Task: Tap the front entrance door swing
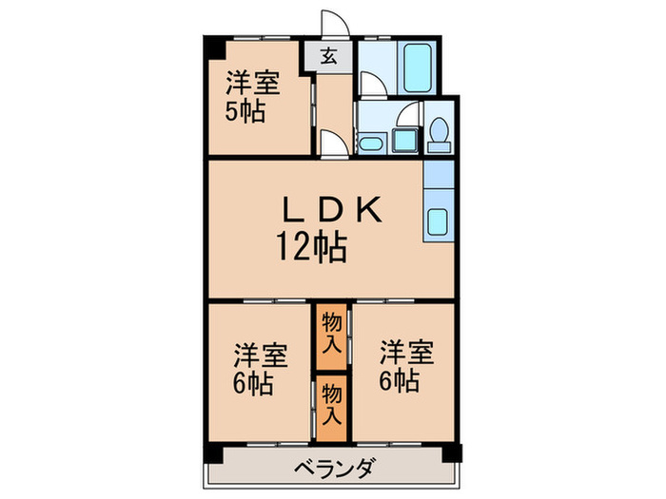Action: (x=339, y=25)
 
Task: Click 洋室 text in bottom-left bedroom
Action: (x=260, y=357)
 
